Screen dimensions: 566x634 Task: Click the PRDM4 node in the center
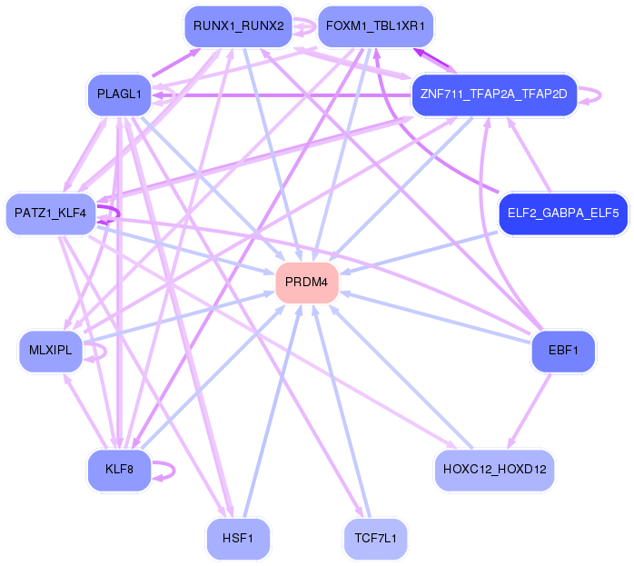point(307,283)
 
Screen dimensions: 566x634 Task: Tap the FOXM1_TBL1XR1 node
point(374,26)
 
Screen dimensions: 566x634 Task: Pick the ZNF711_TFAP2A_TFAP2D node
point(493,93)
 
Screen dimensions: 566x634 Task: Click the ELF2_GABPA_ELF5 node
point(562,214)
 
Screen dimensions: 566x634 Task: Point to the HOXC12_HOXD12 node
point(494,470)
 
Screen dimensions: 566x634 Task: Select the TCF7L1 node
point(376,539)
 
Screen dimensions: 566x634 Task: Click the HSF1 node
point(238,539)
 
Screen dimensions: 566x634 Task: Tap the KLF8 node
point(119,470)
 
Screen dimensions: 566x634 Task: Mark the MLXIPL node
point(50,351)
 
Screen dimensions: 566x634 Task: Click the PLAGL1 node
point(119,94)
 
